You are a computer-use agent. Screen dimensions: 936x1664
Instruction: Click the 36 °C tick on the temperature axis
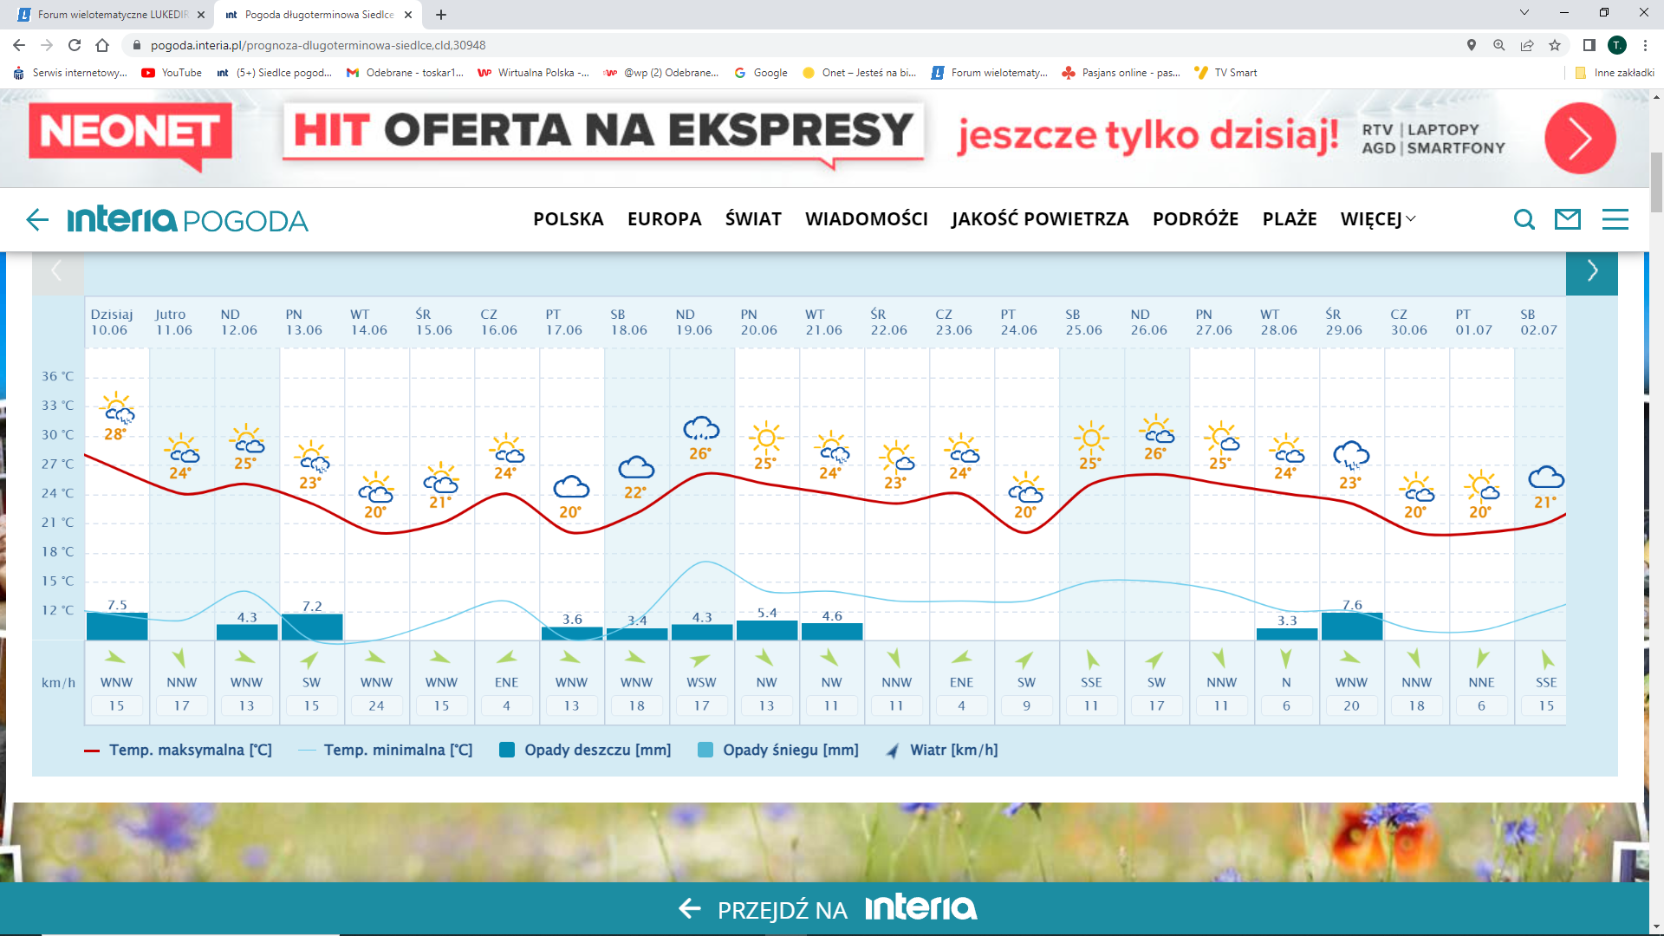[57, 376]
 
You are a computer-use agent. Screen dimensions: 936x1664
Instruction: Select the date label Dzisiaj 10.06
[111, 322]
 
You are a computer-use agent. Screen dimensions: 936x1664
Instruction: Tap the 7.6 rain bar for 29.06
[1351, 626]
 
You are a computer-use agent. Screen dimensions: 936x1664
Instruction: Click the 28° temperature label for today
[115, 434]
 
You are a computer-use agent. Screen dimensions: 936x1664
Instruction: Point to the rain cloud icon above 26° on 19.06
[701, 428]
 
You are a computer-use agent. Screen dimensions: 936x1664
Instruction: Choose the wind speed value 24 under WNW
[376, 705]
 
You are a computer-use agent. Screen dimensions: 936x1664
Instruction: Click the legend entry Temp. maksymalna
[179, 750]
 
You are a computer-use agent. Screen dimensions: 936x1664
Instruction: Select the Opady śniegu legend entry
[778, 750]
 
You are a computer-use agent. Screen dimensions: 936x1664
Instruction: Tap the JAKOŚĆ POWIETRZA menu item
[1040, 219]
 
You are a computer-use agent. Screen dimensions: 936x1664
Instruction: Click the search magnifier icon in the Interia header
[1524, 219]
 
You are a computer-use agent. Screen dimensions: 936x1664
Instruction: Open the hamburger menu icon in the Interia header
[1615, 219]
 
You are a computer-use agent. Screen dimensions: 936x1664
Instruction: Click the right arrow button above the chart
[1591, 271]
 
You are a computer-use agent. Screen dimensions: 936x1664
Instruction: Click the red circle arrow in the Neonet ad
[1579, 138]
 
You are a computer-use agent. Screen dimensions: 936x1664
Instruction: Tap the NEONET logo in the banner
[130, 133]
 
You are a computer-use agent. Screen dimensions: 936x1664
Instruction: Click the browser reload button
[75, 45]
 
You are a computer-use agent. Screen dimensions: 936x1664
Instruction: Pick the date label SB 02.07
[1538, 322]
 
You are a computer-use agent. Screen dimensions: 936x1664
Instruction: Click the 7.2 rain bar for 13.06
[311, 627]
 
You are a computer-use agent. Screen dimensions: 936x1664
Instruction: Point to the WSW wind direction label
[701, 682]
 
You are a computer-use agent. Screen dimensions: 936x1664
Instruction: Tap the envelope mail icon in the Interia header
[1568, 219]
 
